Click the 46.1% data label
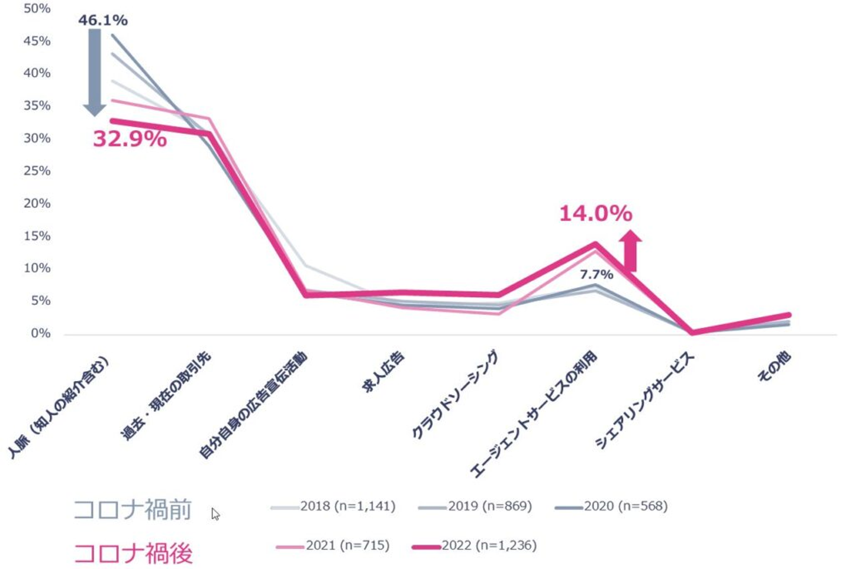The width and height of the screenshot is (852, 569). [103, 20]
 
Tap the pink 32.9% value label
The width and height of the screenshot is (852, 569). [130, 139]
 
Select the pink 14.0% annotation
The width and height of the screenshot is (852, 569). [595, 213]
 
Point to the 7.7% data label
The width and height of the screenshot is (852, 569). [596, 274]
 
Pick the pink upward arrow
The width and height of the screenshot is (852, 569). [631, 251]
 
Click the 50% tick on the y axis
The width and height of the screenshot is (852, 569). [37, 8]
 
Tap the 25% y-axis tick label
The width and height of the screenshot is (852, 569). [37, 171]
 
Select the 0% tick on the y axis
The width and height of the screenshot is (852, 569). [40, 333]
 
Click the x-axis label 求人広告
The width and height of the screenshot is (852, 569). [383, 372]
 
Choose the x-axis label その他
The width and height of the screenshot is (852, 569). [774, 367]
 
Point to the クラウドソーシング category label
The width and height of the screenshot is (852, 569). [454, 395]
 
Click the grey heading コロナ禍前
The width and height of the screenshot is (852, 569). [133, 509]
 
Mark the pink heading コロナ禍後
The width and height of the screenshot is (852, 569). [133, 554]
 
